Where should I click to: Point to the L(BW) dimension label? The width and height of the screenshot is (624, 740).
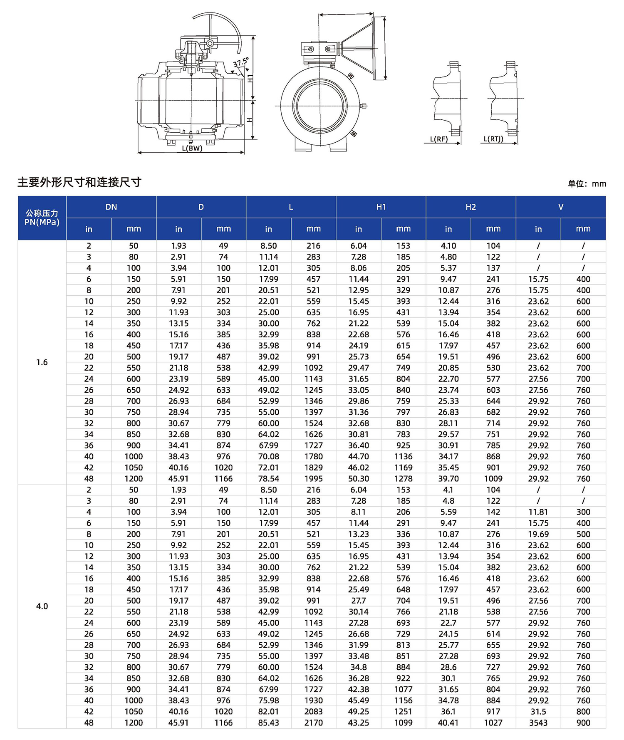tap(192, 148)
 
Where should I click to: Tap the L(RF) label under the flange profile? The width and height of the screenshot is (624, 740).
tap(439, 139)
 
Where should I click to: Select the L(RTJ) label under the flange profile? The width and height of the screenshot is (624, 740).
tap(493, 139)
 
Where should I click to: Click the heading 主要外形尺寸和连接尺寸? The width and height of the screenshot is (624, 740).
tap(79, 182)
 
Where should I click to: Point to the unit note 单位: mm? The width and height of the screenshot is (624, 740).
tap(587, 183)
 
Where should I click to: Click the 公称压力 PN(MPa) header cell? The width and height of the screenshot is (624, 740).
tap(42, 218)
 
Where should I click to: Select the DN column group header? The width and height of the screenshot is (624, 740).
tap(111, 207)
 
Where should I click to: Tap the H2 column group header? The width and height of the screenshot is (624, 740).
tap(470, 207)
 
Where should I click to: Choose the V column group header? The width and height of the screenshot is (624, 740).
tap(560, 207)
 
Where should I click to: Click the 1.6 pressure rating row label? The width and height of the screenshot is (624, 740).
tap(42, 362)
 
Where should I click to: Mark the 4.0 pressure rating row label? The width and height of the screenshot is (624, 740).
tap(42, 606)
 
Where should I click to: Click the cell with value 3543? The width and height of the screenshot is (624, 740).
tap(538, 723)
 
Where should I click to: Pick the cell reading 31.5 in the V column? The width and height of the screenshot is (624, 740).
tap(538, 712)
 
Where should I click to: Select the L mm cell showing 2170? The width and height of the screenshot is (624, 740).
tap(313, 723)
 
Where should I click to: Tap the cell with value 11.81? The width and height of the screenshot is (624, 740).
tap(538, 512)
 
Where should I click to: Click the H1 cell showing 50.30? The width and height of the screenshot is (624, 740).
tap(358, 479)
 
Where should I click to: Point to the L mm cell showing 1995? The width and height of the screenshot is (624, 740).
tap(313, 479)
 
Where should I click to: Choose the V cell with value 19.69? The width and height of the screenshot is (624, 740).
tap(538, 534)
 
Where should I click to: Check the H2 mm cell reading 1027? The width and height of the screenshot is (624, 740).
tap(493, 723)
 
